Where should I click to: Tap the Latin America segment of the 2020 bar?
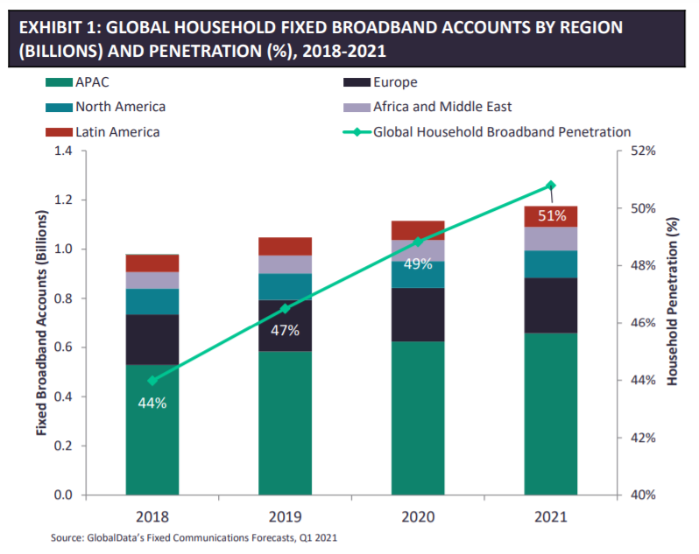click(417, 229)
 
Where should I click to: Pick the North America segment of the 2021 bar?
click(550, 263)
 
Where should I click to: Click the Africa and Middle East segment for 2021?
click(550, 238)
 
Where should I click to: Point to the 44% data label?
click(152, 403)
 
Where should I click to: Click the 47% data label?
click(286, 330)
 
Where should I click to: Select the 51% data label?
click(552, 216)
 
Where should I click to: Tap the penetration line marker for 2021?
click(550, 186)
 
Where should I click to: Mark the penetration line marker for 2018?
click(152, 381)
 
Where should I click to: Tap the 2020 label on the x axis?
click(418, 516)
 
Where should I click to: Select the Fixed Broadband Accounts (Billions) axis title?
click(40, 322)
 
